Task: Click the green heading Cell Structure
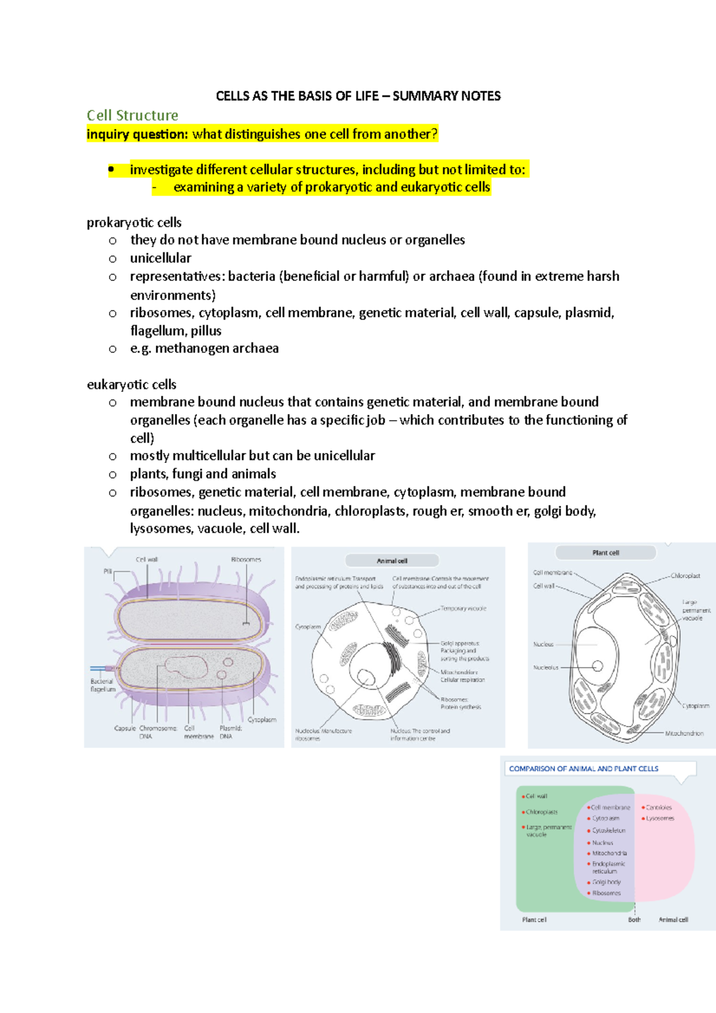tap(132, 115)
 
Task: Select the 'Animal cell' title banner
tap(392, 561)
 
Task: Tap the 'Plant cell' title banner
tap(606, 553)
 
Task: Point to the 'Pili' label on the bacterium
tap(107, 572)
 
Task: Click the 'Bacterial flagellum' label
tap(103, 685)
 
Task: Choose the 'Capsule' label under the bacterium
tap(125, 728)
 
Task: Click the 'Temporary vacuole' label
tap(463, 609)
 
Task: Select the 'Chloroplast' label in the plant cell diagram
tap(685, 576)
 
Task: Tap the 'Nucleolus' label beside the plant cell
tap(545, 668)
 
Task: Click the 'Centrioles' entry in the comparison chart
tap(659, 807)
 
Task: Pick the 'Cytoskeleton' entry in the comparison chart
tap(609, 830)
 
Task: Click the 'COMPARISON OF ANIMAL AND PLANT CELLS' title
tap(584, 769)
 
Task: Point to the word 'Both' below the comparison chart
tap(634, 920)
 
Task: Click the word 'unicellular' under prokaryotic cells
tap(161, 258)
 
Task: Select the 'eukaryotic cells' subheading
tap(131, 385)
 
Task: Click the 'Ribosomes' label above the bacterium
tap(246, 560)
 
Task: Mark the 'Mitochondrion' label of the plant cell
tap(684, 733)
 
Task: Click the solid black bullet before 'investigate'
tap(111, 170)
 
